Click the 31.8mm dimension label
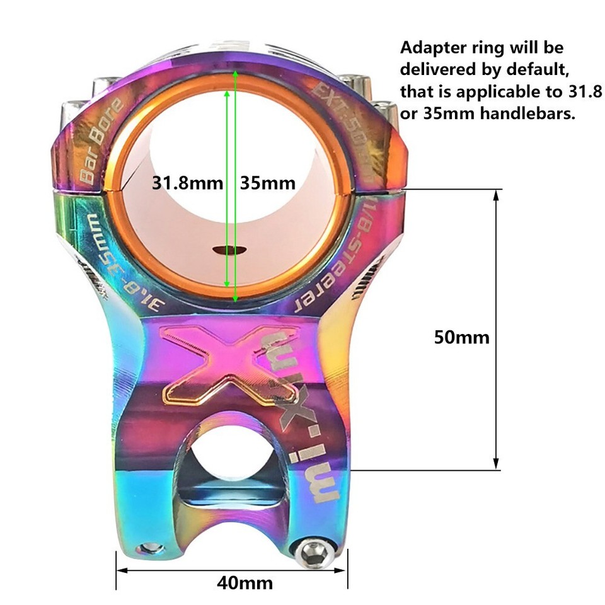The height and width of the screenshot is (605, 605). click(x=188, y=183)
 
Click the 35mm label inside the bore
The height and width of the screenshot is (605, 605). click(x=268, y=183)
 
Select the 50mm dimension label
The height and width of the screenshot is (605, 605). click(x=461, y=337)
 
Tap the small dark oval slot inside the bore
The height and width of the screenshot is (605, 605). click(x=228, y=250)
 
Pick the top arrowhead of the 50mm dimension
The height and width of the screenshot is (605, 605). click(x=497, y=195)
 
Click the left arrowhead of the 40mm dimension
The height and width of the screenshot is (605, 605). click(x=120, y=571)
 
